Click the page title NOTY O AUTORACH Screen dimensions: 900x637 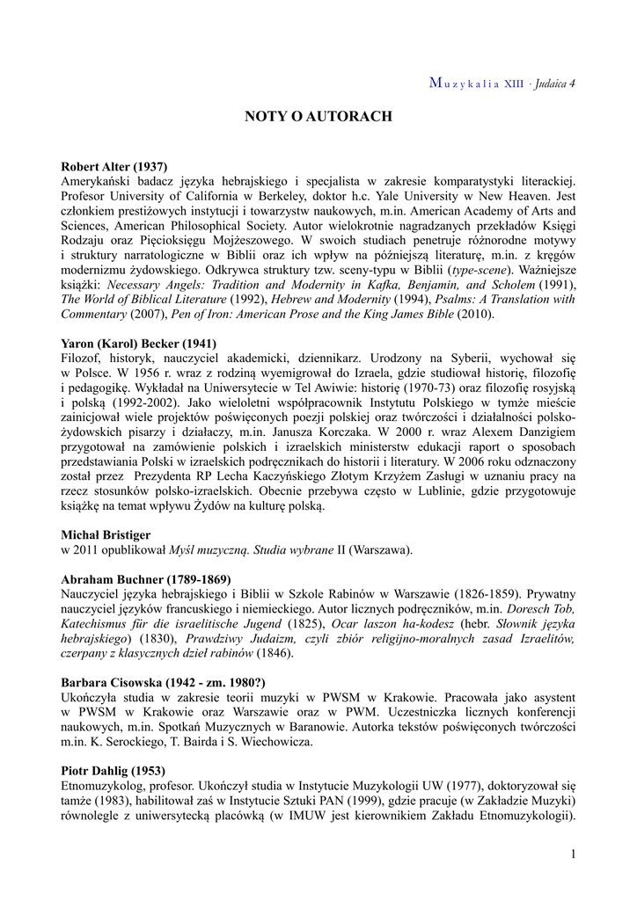(318, 116)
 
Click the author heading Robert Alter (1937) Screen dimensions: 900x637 (114, 166)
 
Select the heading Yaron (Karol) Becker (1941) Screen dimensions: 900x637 (139, 344)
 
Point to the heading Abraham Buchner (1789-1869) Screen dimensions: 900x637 (146, 579)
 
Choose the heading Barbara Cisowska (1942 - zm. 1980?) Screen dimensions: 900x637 (163, 682)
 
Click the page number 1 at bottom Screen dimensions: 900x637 (573, 854)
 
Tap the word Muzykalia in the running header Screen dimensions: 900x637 (465, 84)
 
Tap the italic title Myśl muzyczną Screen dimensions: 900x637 (210, 550)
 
